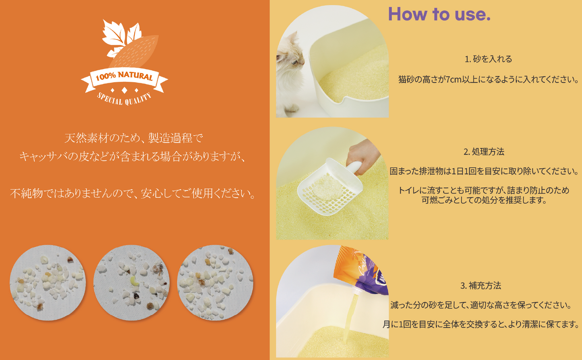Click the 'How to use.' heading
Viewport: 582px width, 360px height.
click(x=439, y=14)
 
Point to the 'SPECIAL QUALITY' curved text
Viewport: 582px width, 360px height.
click(x=124, y=99)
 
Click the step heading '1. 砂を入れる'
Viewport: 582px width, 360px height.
click(x=488, y=59)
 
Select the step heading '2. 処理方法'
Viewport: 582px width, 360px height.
click(x=484, y=152)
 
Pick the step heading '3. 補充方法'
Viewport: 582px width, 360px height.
click(x=481, y=286)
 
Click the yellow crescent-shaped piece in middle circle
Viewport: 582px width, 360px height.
click(x=134, y=281)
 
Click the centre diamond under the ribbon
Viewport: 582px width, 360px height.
click(x=124, y=90)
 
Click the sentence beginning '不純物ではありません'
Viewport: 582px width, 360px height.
click(x=133, y=194)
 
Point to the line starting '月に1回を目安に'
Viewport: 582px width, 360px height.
click(x=481, y=325)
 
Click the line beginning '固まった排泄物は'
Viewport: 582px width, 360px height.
click(x=484, y=171)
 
